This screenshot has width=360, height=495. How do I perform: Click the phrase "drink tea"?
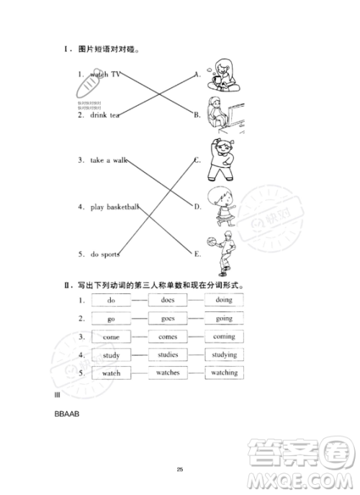pyautogui.click(x=104, y=115)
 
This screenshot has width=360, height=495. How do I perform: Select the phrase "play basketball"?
pyautogui.click(x=114, y=207)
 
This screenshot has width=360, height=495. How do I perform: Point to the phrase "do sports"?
pyautogui.click(x=104, y=254)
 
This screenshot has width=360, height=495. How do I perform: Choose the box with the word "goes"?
pyautogui.click(x=168, y=318)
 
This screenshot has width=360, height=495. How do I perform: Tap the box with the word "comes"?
pyautogui.click(x=168, y=336)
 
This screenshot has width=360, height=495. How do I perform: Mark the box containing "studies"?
pyautogui.click(x=168, y=354)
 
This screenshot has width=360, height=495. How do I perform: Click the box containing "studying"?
pyautogui.click(x=223, y=354)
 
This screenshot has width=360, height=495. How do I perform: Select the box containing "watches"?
pyautogui.click(x=168, y=373)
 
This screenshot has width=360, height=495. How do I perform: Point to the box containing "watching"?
pyautogui.click(x=223, y=373)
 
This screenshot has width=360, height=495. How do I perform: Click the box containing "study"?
pyautogui.click(x=112, y=355)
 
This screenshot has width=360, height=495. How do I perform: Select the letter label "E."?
pyautogui.click(x=197, y=254)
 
